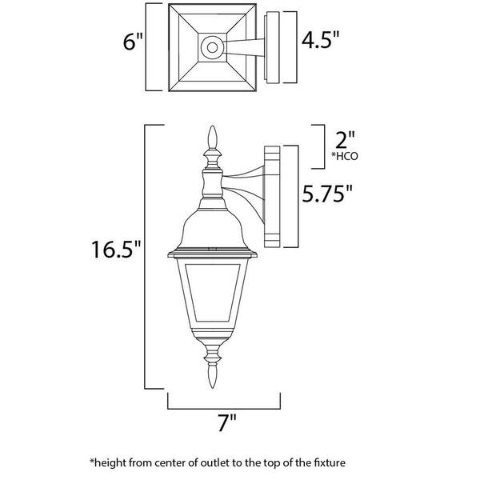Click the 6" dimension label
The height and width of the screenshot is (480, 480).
click(x=133, y=42)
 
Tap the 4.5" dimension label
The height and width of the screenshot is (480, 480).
click(x=320, y=39)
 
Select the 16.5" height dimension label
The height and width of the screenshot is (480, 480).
click(x=116, y=250)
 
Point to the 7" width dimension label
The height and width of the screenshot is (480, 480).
click(x=227, y=422)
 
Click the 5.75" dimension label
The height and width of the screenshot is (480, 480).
click(x=327, y=193)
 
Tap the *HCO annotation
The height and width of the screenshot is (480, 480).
click(x=344, y=157)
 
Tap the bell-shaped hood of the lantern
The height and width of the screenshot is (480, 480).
click(x=213, y=230)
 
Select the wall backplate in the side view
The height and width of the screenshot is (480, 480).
click(x=272, y=197)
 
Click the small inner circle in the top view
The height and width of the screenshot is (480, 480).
click(x=213, y=47)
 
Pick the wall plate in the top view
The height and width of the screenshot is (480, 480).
click(x=272, y=47)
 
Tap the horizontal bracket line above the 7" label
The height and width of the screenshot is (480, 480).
click(x=224, y=409)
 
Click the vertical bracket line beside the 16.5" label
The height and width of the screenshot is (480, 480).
click(x=145, y=257)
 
